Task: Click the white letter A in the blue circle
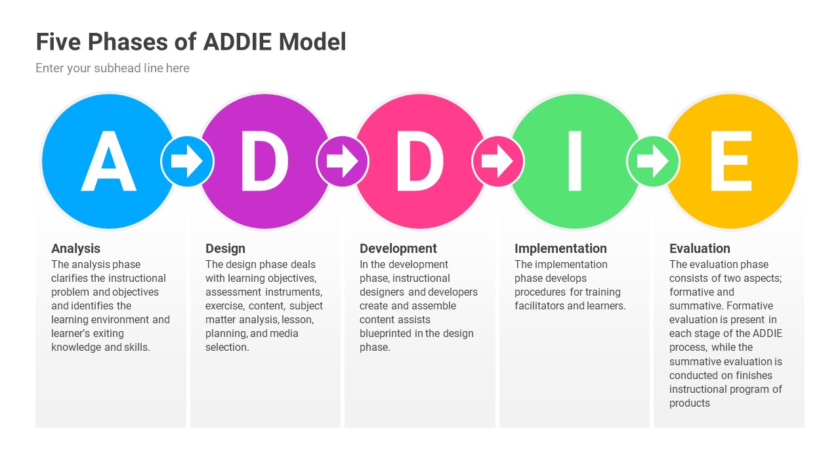[x=109, y=162]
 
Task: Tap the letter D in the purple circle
[x=264, y=162]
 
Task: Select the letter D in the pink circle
[x=419, y=162]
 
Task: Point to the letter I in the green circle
[x=575, y=162]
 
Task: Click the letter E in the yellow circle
[x=730, y=162]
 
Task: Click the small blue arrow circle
[x=187, y=161]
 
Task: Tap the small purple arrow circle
[x=343, y=161]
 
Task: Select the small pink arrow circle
[x=498, y=161]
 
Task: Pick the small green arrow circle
[x=653, y=161]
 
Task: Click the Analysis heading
[x=76, y=248]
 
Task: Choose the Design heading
[x=225, y=248]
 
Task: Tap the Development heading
[x=398, y=248]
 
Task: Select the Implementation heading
[x=560, y=248]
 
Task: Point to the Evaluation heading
[x=700, y=248]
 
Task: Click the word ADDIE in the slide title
[x=238, y=42]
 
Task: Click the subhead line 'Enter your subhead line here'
[x=112, y=68]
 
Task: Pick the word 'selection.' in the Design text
[x=227, y=348]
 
